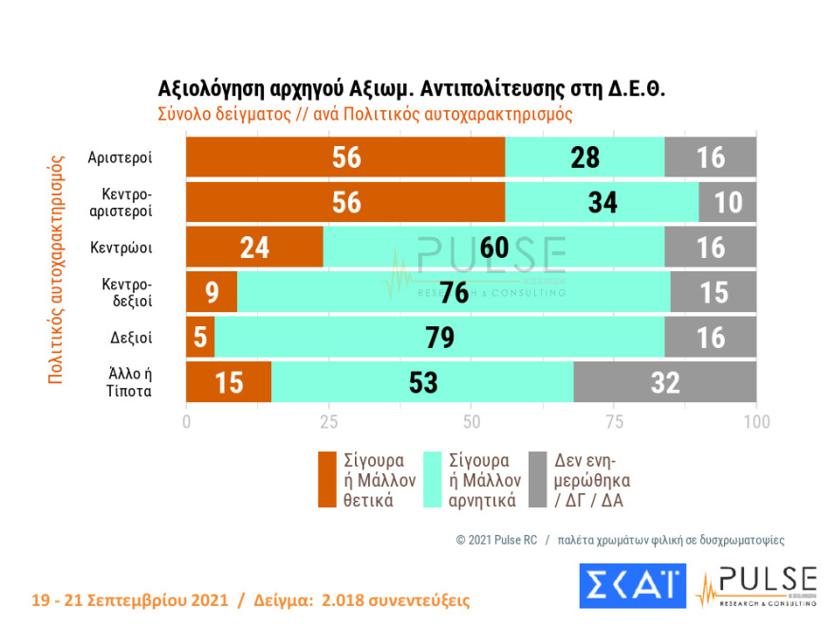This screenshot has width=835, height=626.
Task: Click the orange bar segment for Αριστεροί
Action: point(345,157)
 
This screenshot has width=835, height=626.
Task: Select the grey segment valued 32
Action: point(665,381)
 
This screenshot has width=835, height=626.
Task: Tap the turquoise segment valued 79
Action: point(439,337)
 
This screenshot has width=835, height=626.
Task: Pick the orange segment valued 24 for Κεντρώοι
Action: point(254,247)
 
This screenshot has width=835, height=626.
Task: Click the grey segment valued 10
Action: point(728,202)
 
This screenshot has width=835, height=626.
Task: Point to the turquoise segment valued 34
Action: point(603,202)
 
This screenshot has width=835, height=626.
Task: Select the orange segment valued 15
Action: point(229,381)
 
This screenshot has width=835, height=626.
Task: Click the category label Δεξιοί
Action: point(133,337)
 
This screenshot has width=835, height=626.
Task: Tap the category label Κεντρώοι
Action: point(122,247)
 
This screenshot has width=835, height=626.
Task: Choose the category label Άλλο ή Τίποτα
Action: point(130,381)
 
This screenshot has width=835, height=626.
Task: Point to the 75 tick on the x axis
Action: point(614,420)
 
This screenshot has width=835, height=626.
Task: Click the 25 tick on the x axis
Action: point(328,420)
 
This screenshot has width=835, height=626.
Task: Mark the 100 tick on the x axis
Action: point(755,420)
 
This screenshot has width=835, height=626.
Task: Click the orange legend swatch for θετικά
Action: point(327,479)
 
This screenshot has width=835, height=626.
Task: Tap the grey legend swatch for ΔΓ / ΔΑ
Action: point(536,479)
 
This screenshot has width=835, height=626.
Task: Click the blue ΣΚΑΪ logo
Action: point(632,587)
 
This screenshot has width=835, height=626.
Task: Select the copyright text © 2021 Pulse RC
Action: point(496,540)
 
